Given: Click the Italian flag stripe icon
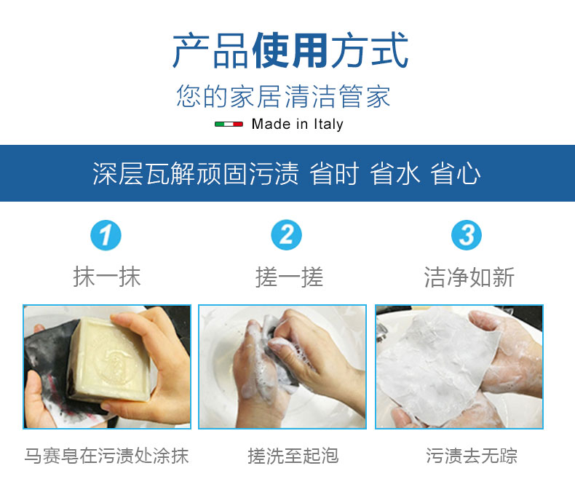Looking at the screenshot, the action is pyautogui.click(x=229, y=124).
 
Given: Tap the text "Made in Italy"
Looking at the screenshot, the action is pyautogui.click(x=298, y=124).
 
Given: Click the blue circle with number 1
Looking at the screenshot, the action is pyautogui.click(x=106, y=235).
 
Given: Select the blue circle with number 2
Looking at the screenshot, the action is pyautogui.click(x=286, y=235).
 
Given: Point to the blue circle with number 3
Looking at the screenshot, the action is pyautogui.click(x=467, y=235).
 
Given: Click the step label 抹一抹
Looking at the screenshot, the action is pyautogui.click(x=107, y=277).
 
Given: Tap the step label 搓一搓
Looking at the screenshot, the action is pyautogui.click(x=290, y=277).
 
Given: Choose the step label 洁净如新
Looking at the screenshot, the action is pyautogui.click(x=469, y=277).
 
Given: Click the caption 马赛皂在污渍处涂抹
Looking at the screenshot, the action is pyautogui.click(x=107, y=456).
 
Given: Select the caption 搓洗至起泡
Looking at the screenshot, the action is pyautogui.click(x=293, y=456).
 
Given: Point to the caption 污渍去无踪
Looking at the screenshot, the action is pyautogui.click(x=472, y=456).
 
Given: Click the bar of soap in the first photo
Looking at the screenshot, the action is pyautogui.click(x=110, y=360).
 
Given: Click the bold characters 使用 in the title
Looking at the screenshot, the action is pyautogui.click(x=290, y=50).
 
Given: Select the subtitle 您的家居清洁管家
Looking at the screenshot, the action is pyautogui.click(x=283, y=96).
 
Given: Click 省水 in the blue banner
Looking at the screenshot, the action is pyautogui.click(x=394, y=173).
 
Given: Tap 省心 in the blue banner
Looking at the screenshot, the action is pyautogui.click(x=456, y=173).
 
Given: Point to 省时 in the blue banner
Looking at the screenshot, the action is pyautogui.click(x=334, y=173).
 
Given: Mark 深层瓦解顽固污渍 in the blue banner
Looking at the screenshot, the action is pyautogui.click(x=196, y=173).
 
